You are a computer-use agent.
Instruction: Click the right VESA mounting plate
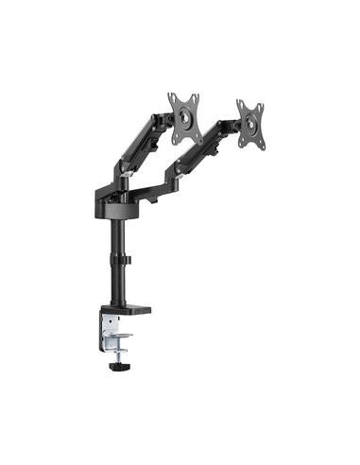251,123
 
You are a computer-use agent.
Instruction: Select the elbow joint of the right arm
176,171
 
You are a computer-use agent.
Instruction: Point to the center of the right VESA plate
251,123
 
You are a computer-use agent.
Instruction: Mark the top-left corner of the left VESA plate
171,95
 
